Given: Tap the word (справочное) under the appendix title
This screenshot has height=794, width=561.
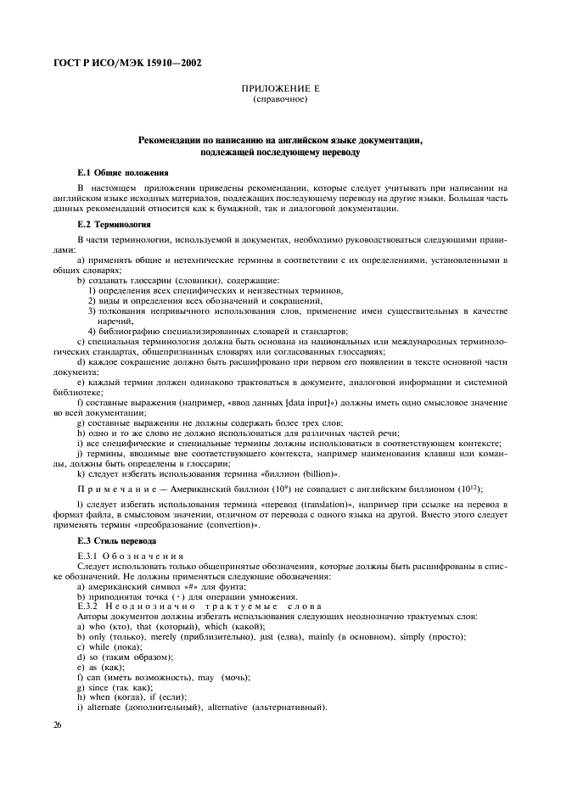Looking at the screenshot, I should coord(280,100).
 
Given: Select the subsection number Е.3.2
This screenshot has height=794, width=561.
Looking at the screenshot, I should coord(88,605).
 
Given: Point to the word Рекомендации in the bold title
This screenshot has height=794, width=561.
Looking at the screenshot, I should coord(176,138).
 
